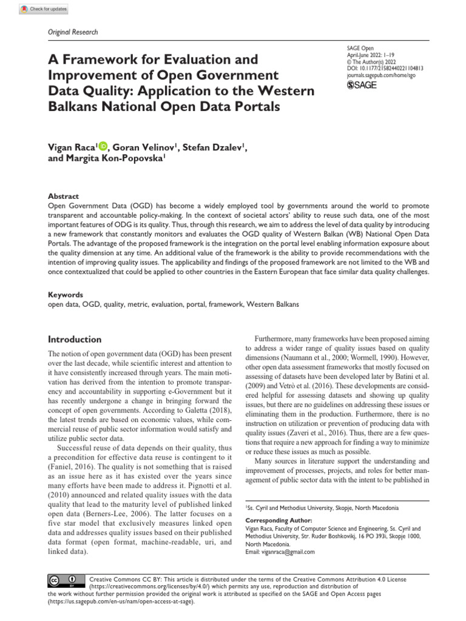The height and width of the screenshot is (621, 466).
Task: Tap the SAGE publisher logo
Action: pos(361,86)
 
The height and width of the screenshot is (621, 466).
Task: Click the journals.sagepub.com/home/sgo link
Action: pos(382,76)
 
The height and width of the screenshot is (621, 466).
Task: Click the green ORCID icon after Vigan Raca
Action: pos(103,146)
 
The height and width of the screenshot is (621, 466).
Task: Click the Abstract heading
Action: pos(63,196)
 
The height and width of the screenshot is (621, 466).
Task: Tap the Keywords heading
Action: pos(66,294)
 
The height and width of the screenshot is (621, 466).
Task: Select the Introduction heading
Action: pos(75,340)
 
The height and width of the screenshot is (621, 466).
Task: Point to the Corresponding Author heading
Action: pos(279,520)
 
